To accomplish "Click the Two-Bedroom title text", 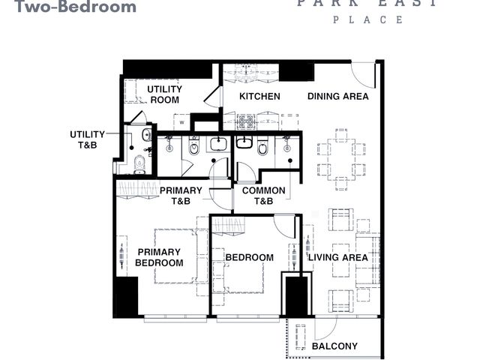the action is pos(75,6).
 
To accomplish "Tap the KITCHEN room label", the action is pos(259,97).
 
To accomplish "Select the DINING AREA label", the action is pos(338,97).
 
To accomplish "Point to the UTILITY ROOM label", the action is pos(165,94).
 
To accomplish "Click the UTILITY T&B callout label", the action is pos(88,139).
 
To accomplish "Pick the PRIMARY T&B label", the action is pos(181,196).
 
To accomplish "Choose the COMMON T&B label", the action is pos(263,196).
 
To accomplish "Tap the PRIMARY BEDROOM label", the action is pos(159,257).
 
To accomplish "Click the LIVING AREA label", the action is pos(338,257).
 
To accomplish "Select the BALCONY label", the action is pos(334,346).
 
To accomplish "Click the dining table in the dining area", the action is pos(341,160).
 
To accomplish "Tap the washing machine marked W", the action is pos(181,122).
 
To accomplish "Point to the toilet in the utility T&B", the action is pos(139,163).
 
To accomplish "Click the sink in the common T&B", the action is pos(244,142).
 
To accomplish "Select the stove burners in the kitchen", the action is pos(246,121).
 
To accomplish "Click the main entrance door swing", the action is pos(363,75).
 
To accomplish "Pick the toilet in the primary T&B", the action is pos(193,147).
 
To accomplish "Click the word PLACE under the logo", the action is pos(367,20).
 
